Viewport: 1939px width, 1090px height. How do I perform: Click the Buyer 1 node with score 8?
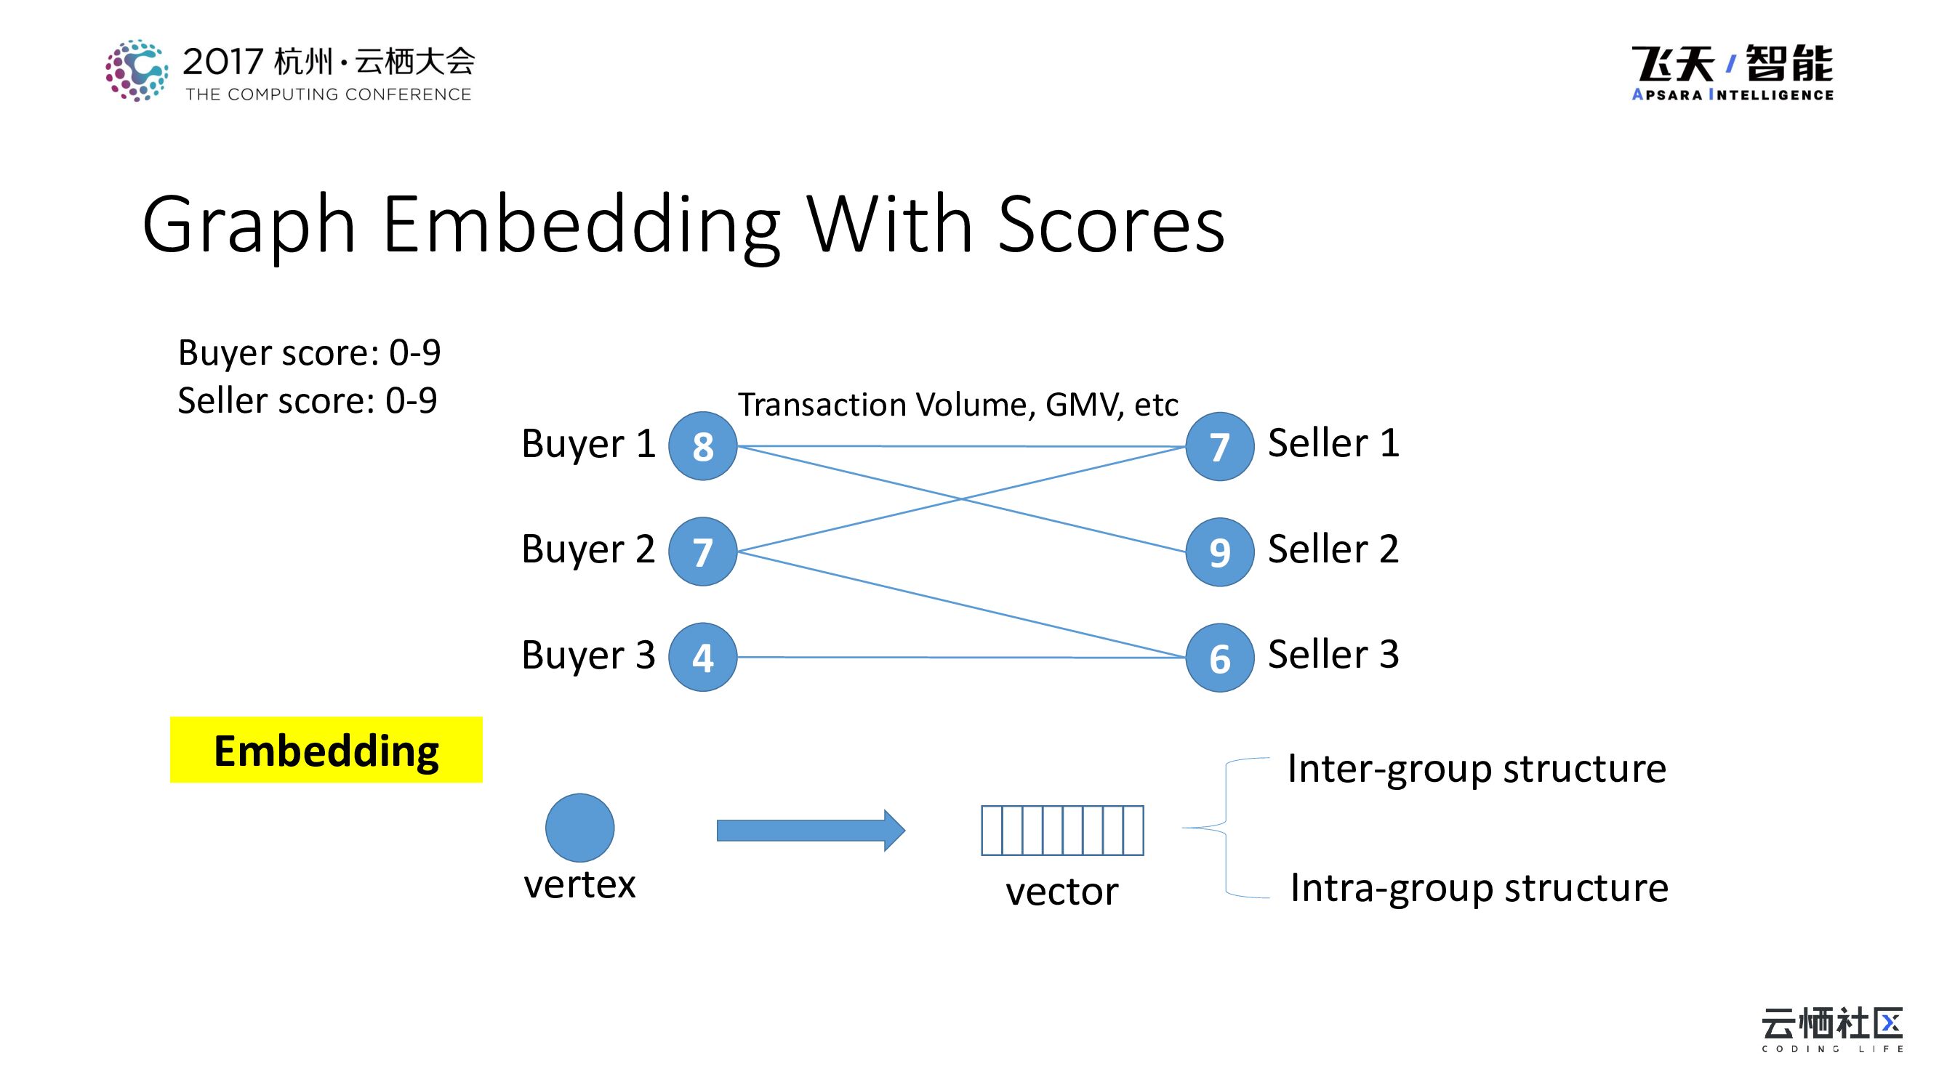pyautogui.click(x=702, y=446)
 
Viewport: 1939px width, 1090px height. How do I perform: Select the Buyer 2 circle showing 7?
pyautogui.click(x=702, y=552)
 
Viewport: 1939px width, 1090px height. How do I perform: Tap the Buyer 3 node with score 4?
pyautogui.click(x=702, y=657)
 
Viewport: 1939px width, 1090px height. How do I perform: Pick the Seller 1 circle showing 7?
pyautogui.click(x=1219, y=446)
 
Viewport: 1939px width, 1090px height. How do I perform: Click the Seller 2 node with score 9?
pyautogui.click(x=1219, y=552)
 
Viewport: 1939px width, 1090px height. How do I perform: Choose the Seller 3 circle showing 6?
pyautogui.click(x=1219, y=658)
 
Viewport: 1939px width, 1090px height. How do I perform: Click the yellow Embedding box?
pyautogui.click(x=326, y=750)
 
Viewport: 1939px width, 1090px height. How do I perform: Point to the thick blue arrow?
pyautogui.click(x=810, y=831)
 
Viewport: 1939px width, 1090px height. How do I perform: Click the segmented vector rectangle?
pyautogui.click(x=1062, y=831)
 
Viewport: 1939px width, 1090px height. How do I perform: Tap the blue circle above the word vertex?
pyautogui.click(x=579, y=828)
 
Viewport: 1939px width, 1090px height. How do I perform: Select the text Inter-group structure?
pyautogui.click(x=1476, y=769)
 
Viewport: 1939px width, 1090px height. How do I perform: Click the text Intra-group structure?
pyautogui.click(x=1478, y=888)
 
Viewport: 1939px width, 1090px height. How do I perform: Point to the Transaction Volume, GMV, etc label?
pyautogui.click(x=958, y=405)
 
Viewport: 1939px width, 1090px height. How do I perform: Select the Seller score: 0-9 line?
pyautogui.click(x=307, y=400)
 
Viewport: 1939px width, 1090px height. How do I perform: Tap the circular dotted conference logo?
pyautogui.click(x=136, y=70)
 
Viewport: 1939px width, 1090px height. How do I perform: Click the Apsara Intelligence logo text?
pyautogui.click(x=1732, y=94)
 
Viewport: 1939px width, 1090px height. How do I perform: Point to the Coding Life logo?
pyautogui.click(x=1831, y=1029)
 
